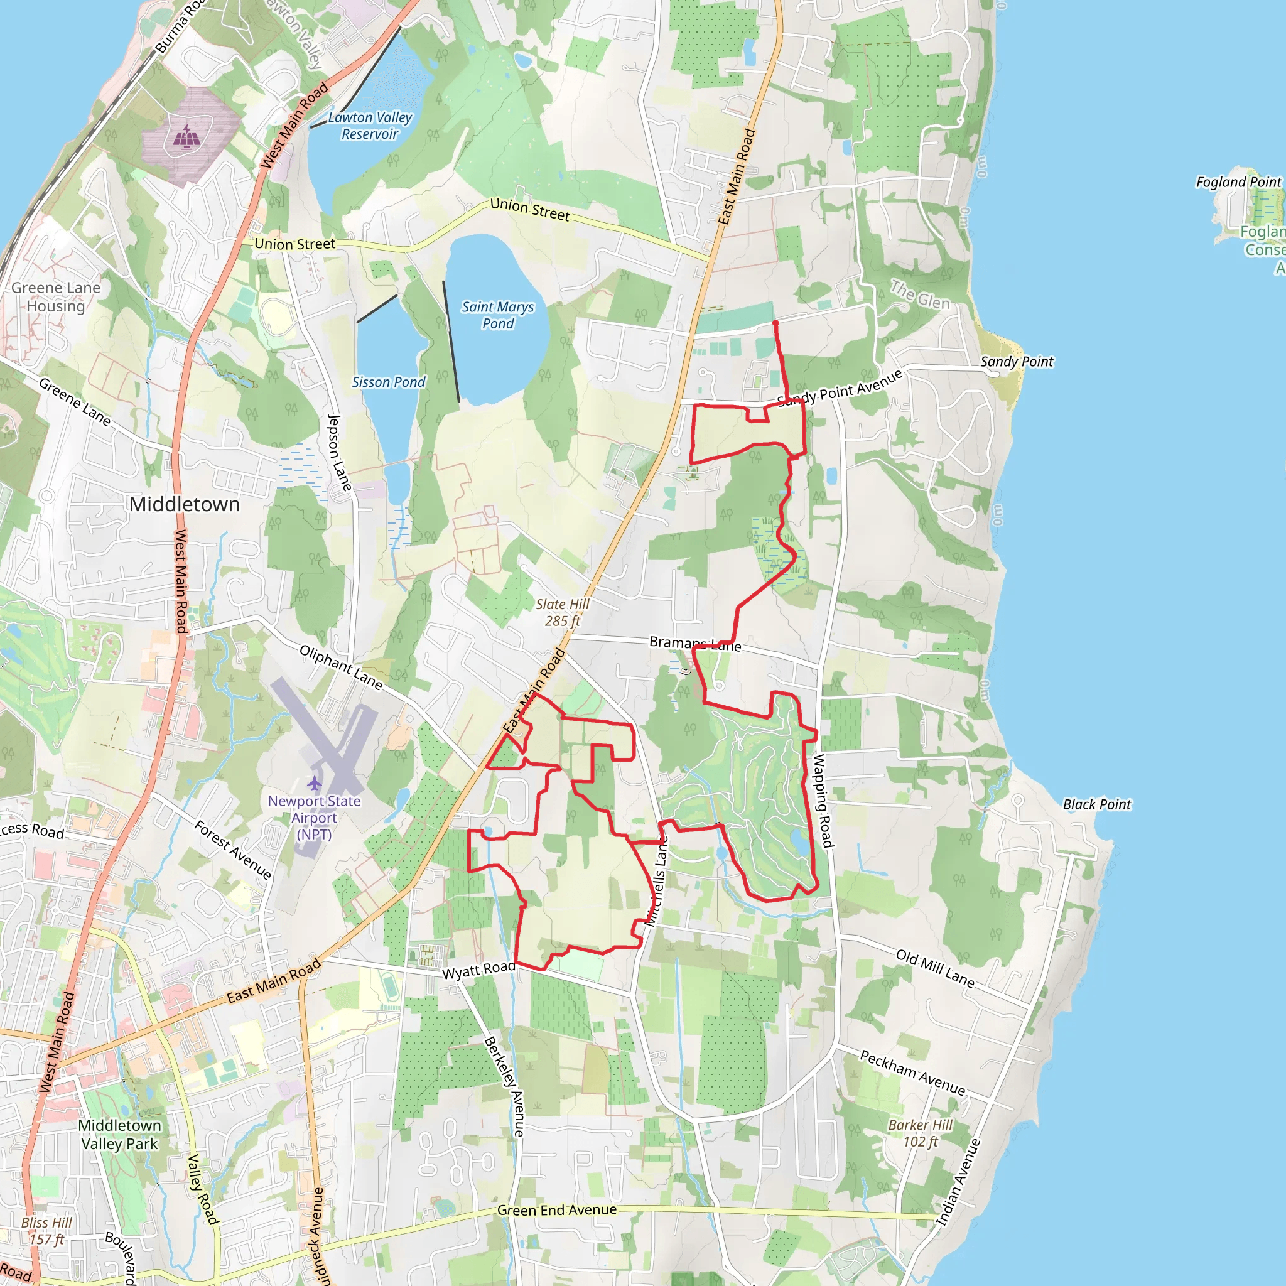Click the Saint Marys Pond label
tap(498, 315)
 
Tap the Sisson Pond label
tap(388, 382)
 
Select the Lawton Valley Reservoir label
tap(370, 126)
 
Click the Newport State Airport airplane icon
tap(314, 783)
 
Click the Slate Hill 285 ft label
tap(563, 612)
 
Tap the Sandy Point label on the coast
tap(1017, 362)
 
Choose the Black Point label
tap(1097, 804)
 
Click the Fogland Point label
tap(1238, 181)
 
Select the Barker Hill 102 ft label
tap(920, 1133)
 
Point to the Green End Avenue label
tap(556, 1210)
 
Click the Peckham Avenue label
tap(912, 1073)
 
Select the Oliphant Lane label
tap(341, 667)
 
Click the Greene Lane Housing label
tap(56, 297)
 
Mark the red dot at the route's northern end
tap(775, 323)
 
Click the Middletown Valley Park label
tap(119, 1134)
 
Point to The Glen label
tap(920, 295)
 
